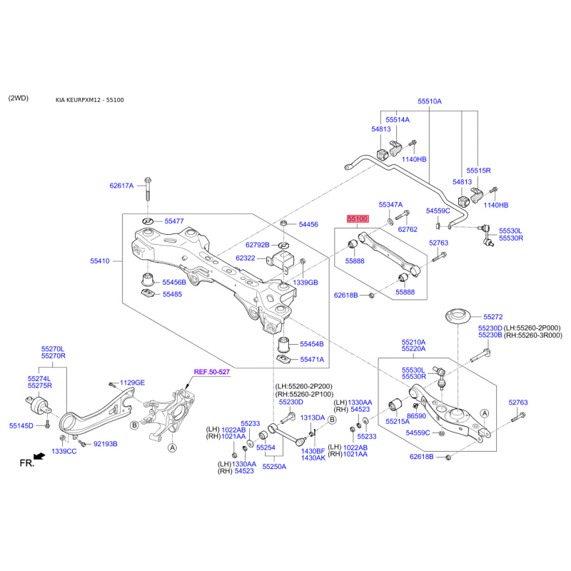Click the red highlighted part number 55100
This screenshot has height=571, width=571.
point(358,218)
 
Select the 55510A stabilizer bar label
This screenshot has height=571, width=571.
point(430,101)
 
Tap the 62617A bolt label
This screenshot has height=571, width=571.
point(121,186)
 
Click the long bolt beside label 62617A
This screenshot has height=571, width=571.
point(148,188)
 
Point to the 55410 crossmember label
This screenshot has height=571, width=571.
point(100,261)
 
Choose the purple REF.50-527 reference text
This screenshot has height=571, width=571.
point(212,372)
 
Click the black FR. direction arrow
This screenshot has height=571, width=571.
point(39,456)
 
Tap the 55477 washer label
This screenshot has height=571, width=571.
point(174,221)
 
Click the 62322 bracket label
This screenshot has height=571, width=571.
point(246,258)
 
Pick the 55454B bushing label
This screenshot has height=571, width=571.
point(312,344)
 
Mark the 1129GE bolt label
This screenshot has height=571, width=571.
point(132,383)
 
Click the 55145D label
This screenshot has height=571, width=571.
point(21,425)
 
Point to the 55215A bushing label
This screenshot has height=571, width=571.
point(398,422)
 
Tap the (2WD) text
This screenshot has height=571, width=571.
point(19,98)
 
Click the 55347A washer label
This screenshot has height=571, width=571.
point(390,205)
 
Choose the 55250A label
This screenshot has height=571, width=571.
point(274,467)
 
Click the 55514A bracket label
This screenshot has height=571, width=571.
point(398,119)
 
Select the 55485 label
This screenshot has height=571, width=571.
point(172,294)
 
